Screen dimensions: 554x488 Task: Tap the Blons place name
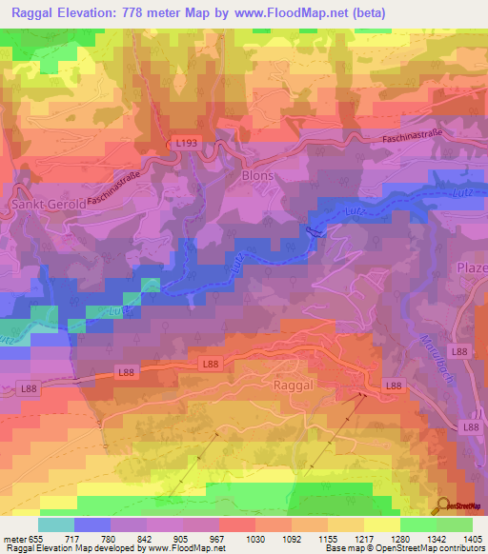point(257,176)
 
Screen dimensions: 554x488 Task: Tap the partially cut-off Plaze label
point(472,267)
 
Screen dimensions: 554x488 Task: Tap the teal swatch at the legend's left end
point(55,524)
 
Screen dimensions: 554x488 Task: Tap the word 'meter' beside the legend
point(11,538)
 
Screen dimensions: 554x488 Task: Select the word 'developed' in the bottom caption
point(118,548)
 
